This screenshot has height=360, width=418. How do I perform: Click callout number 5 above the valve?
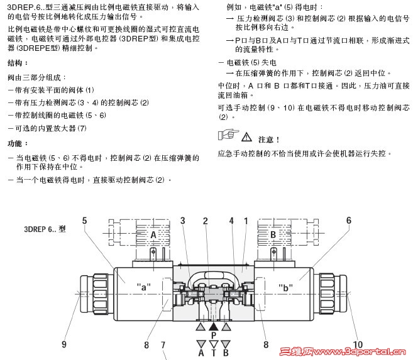(84, 221)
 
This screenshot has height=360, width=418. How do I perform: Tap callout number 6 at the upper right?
(349, 221)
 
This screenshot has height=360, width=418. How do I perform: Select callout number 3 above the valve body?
(183, 221)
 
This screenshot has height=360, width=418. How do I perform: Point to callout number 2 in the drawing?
(206, 221)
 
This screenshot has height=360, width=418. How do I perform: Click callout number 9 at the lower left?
(64, 344)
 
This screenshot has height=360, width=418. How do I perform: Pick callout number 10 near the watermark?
(358, 344)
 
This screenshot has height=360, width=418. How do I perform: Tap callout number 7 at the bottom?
(163, 345)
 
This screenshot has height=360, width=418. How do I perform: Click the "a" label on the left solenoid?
(144, 287)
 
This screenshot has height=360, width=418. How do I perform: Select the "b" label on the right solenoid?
(285, 288)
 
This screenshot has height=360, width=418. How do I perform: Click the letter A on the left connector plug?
(153, 235)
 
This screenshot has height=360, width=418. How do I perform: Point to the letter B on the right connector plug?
(273, 235)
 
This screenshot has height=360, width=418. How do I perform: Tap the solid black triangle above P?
(213, 327)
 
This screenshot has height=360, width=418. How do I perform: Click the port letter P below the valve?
(214, 335)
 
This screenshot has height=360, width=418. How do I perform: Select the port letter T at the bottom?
(214, 353)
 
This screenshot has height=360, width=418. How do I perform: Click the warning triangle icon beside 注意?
(246, 137)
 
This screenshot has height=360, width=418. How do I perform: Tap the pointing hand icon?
(228, 134)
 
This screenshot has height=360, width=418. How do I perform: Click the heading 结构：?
(18, 63)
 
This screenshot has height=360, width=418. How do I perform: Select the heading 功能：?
(18, 143)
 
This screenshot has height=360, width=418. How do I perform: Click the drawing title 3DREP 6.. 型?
(45, 229)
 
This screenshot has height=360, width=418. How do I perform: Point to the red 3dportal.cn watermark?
(343, 352)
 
